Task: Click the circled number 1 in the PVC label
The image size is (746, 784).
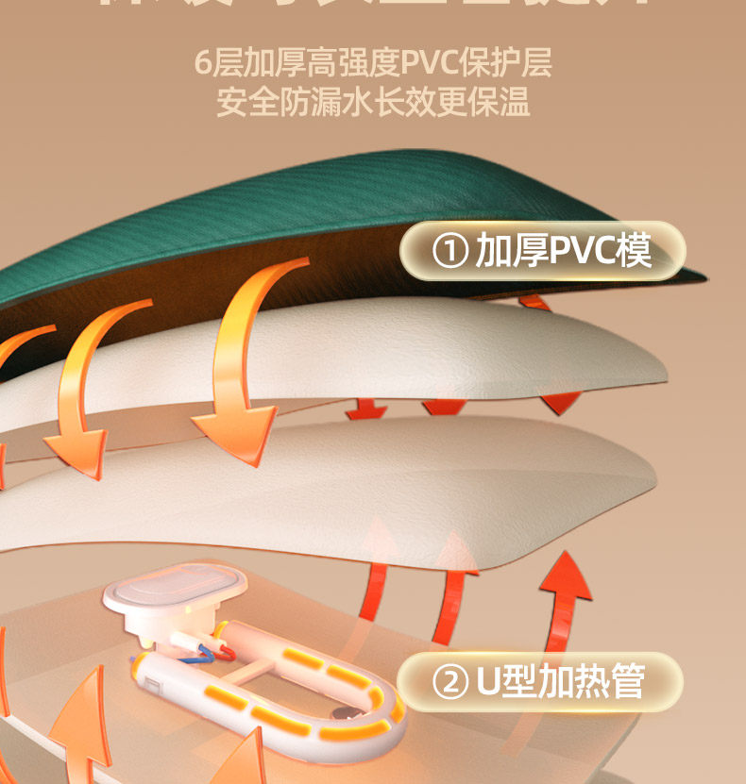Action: tap(450, 252)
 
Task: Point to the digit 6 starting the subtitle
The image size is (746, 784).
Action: tap(203, 63)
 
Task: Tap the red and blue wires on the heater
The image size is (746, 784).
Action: tap(209, 647)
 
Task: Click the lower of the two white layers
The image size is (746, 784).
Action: tap(378, 491)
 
